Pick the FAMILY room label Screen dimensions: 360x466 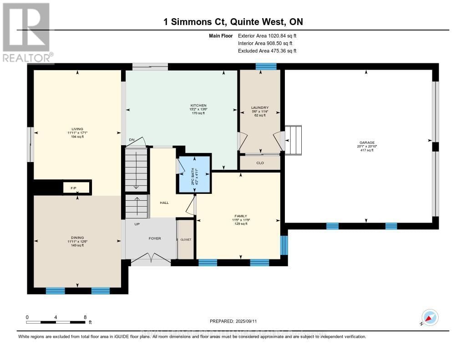pyautogui.click(x=240, y=219)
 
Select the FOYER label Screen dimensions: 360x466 pyautogui.click(x=154, y=238)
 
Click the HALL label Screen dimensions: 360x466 pyautogui.click(x=164, y=203)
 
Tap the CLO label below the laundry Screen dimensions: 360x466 pyautogui.click(x=260, y=162)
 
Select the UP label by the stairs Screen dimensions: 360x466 pyautogui.click(x=137, y=224)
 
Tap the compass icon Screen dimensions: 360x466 pyautogui.click(x=430, y=318)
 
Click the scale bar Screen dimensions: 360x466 pyautogui.click(x=56, y=322)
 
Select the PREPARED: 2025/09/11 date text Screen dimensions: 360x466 pyautogui.click(x=233, y=321)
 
